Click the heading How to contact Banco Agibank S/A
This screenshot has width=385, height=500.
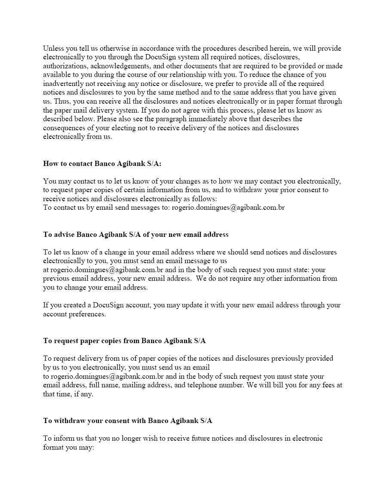[102, 163]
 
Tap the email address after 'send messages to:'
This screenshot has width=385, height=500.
[228, 207]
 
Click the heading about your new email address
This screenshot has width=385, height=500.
[136, 234]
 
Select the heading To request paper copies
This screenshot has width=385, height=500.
[124, 340]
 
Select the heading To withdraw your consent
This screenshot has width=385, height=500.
[128, 420]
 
